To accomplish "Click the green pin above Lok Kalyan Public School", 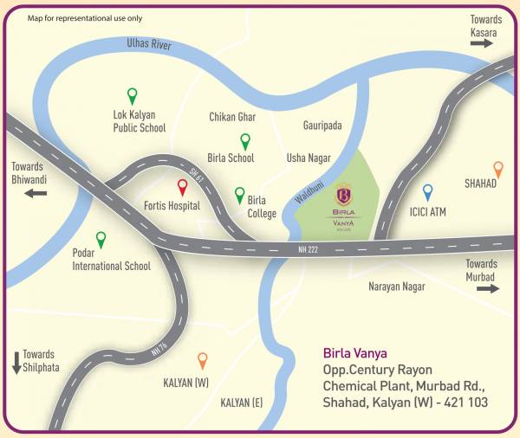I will pos(132,95).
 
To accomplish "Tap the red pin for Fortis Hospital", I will pos(183,187).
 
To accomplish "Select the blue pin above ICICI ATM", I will pos(427,192).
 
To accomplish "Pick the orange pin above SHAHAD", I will pos(497,169).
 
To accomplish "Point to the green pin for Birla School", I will pos(245,141).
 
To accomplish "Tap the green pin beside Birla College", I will pos(240,196).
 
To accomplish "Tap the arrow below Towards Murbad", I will pos(488,288).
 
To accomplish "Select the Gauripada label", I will pos(322,126).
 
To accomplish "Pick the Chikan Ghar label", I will pos(232,117).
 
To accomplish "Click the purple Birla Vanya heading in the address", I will pos(354,353).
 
